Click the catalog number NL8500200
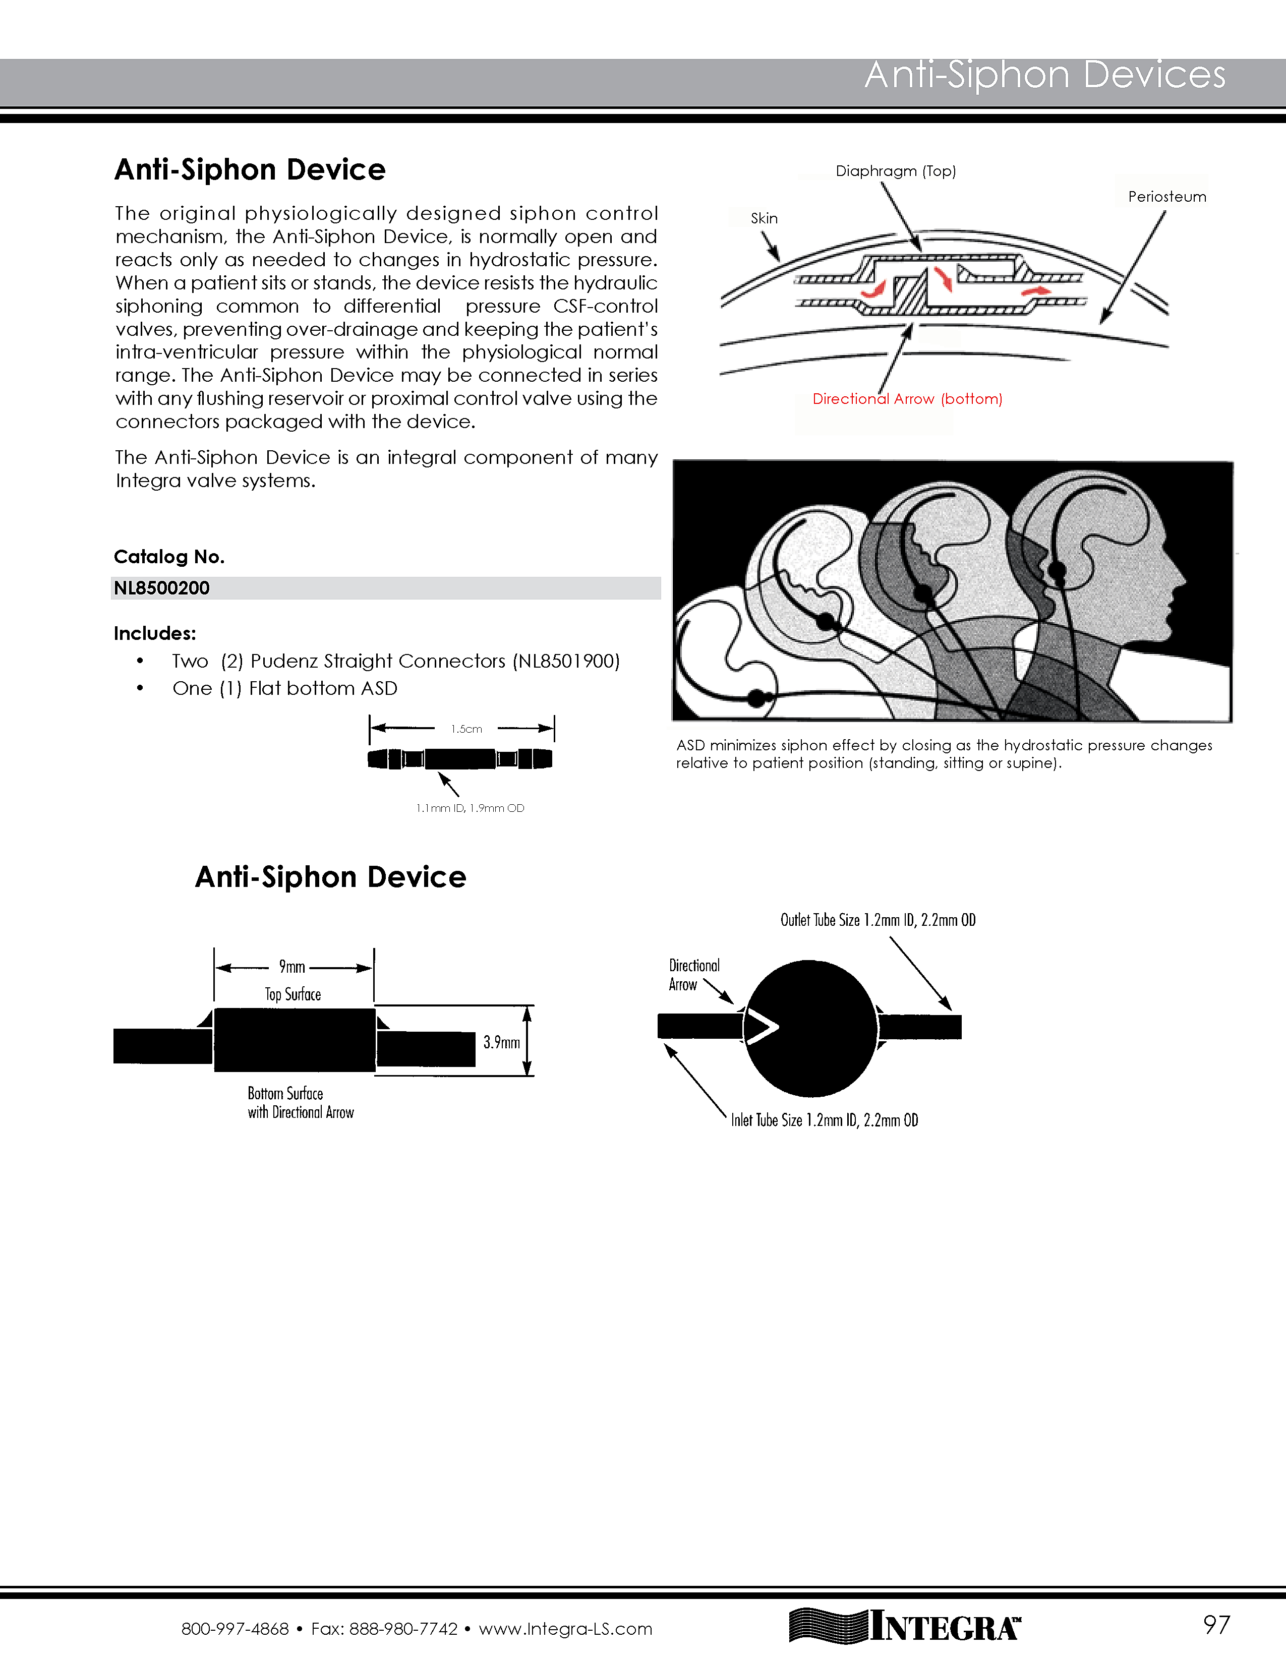tap(161, 588)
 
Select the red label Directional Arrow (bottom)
tap(907, 398)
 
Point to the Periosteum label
tap(1166, 197)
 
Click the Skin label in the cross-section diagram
tap(764, 219)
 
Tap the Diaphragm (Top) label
tap(895, 170)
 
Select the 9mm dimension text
tap(292, 967)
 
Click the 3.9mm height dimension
tap(501, 1042)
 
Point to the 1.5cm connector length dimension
tap(466, 729)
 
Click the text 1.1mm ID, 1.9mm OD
tap(470, 808)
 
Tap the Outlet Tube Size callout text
tap(878, 920)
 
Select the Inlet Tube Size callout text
tap(825, 1120)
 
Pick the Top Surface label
tap(293, 994)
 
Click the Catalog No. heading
tap(169, 557)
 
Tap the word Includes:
tap(155, 633)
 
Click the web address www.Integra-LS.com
tap(565, 1629)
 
